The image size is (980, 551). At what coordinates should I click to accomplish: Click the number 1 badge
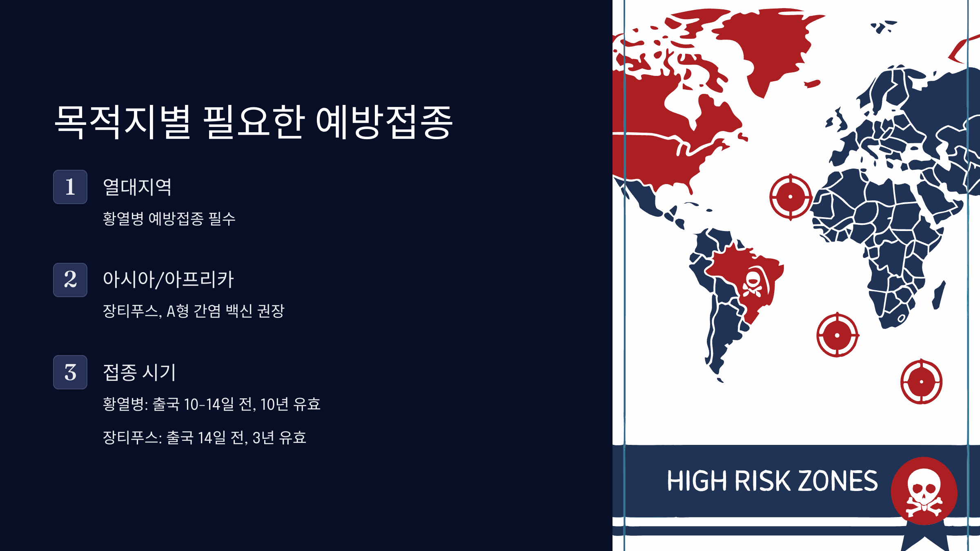pos(70,187)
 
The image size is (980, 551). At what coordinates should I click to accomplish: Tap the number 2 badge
pos(70,280)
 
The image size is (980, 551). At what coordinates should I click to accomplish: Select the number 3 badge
pos(70,372)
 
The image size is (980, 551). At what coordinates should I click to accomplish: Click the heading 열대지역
pos(137,187)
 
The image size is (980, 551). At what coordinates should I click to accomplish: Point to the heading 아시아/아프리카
pos(168,280)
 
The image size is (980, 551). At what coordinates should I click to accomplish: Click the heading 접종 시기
pos(139,372)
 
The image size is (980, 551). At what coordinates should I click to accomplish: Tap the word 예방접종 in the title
pos(384,122)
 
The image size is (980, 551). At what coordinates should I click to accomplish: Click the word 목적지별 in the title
pos(122,122)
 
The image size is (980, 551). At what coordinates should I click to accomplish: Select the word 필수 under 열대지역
pos(222,219)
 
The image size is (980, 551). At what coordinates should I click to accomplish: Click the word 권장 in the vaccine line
pos(271,311)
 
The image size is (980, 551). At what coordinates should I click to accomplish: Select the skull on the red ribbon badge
pos(924,491)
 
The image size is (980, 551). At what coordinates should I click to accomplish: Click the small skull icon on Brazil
pos(752,283)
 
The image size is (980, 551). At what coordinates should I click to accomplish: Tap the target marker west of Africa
pos(791,197)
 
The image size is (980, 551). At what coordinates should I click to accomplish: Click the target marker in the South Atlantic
pos(837,335)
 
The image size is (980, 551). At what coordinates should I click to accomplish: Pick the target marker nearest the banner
pos(921,382)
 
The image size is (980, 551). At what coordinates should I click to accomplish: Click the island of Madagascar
pos(939,295)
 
